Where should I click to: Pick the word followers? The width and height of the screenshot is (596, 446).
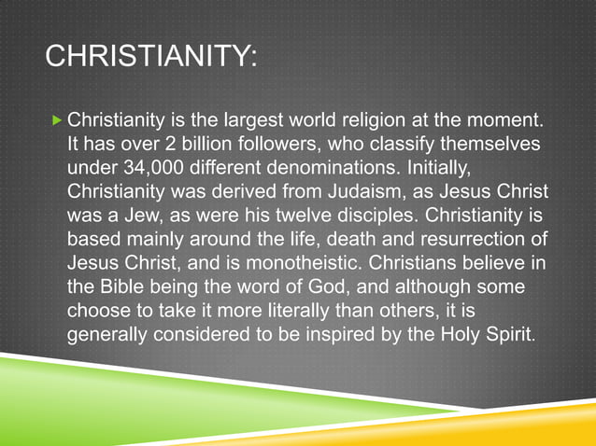pyautogui.click(x=289, y=146)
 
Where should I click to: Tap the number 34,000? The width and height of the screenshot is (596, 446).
pyautogui.click(x=149, y=169)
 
